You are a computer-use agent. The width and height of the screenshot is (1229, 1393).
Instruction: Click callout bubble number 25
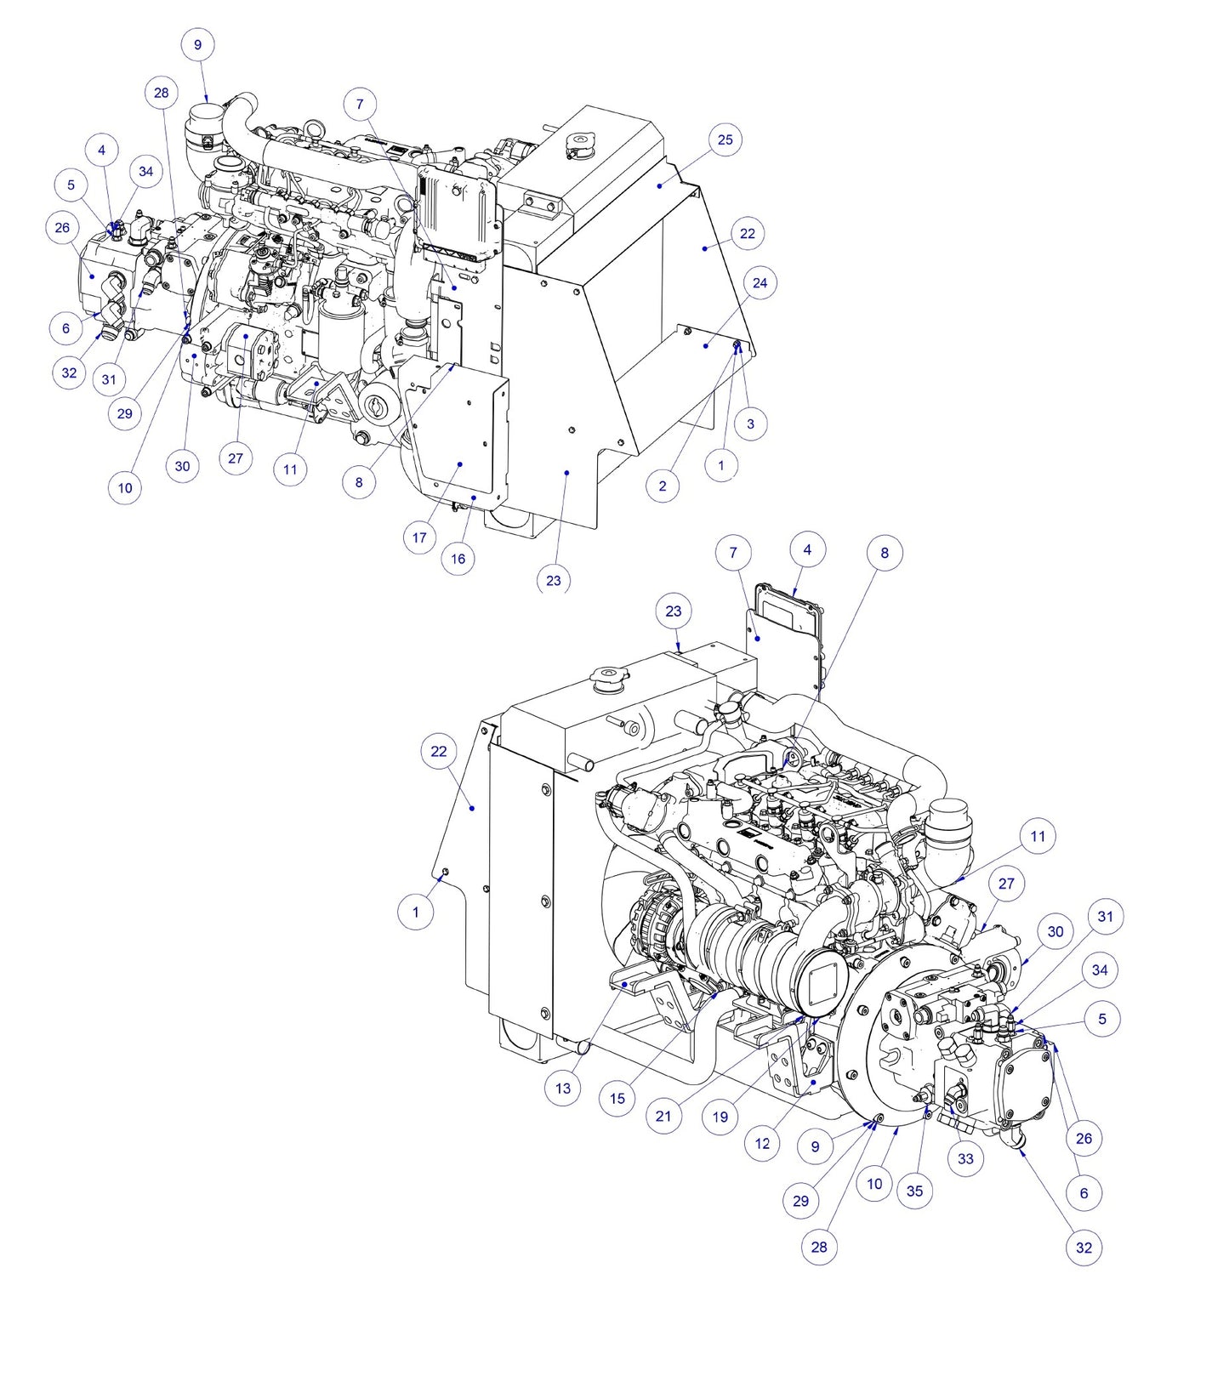(x=725, y=139)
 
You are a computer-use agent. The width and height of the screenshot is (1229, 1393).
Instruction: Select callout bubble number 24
(x=760, y=282)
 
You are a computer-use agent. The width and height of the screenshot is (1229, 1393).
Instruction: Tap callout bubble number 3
(x=750, y=424)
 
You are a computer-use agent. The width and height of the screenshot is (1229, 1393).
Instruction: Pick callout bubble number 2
(x=663, y=486)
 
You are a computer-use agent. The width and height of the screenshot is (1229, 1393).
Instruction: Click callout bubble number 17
(x=419, y=537)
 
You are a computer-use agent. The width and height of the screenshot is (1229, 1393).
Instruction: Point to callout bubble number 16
(x=458, y=559)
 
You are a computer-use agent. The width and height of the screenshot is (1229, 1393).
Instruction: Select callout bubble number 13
(x=562, y=1088)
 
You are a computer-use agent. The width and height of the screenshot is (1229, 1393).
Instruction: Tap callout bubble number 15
(x=617, y=1098)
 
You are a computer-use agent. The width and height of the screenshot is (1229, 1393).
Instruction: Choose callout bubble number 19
(x=720, y=1117)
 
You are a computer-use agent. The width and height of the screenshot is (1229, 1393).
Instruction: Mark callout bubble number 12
(x=762, y=1144)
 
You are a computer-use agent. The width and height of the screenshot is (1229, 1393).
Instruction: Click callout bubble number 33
(x=965, y=1158)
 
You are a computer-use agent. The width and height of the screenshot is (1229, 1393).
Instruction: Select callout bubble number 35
(x=914, y=1191)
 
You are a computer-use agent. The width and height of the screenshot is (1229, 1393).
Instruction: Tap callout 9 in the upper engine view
(x=198, y=45)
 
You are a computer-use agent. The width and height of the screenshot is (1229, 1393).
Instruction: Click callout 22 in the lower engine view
(x=439, y=751)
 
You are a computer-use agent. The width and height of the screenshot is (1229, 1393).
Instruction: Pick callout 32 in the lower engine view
(x=1084, y=1248)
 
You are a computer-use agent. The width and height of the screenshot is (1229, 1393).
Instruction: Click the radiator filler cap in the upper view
(x=579, y=145)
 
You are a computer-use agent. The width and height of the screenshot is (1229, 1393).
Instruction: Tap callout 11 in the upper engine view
(x=291, y=469)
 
